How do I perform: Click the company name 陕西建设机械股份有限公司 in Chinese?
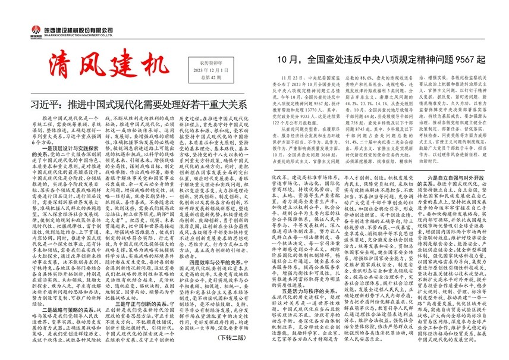[68, 27]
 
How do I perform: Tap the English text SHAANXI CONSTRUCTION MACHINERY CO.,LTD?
[68, 34]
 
